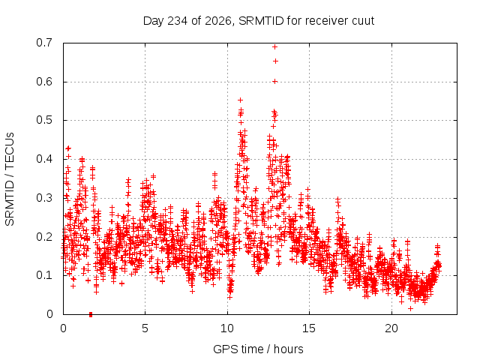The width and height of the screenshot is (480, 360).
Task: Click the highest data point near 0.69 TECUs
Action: [275, 46]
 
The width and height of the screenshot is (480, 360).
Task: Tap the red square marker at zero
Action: [91, 314]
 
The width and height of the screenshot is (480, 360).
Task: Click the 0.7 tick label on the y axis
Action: [44, 43]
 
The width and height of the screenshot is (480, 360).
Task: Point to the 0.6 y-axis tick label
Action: [44, 82]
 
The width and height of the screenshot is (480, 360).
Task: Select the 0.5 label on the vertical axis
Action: [44, 120]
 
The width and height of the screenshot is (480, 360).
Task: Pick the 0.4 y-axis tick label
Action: [44, 159]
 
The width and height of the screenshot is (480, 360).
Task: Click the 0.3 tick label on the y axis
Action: [44, 198]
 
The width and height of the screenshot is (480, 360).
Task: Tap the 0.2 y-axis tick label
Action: [44, 237]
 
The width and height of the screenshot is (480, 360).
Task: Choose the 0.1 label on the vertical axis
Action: [44, 275]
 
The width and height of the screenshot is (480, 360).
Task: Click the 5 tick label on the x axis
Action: [145, 328]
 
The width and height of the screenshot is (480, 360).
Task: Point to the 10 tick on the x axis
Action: [227, 328]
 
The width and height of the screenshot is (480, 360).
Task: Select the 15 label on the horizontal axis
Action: [309, 328]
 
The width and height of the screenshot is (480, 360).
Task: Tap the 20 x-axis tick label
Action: [391, 328]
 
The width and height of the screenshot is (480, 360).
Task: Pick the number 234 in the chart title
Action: [178, 21]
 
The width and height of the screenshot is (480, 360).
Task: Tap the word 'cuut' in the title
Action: [363, 21]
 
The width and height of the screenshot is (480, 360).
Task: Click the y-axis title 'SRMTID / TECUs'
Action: [10, 179]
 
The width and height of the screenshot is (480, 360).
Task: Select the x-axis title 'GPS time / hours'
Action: [258, 349]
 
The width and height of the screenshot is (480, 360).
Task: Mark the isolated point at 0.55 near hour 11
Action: [240, 100]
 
